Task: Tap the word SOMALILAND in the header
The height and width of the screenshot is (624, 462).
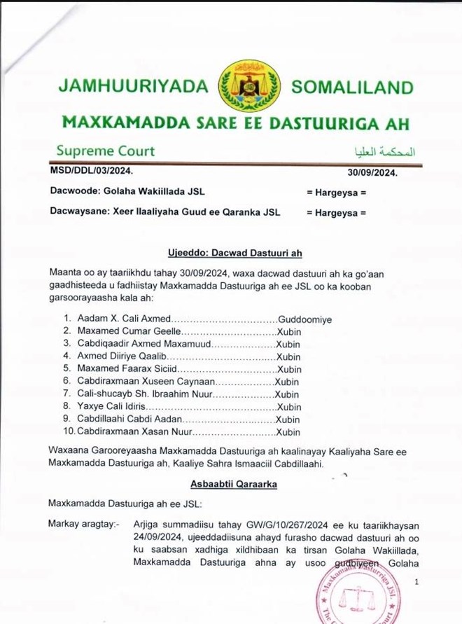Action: point(352,88)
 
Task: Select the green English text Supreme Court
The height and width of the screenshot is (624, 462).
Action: point(106,151)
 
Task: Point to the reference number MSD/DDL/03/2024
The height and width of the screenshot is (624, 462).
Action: point(91,170)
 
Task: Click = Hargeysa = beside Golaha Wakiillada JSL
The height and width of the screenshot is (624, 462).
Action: point(337,191)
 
